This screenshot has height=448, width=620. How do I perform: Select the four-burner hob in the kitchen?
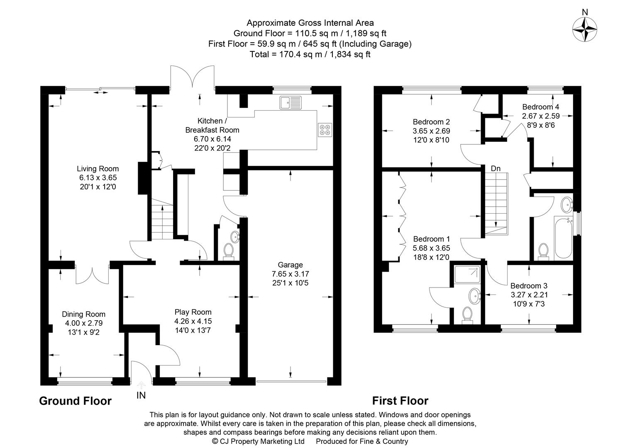tap(325, 130)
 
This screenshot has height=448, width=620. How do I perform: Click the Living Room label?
tap(98, 169)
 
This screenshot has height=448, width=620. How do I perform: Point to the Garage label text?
tap(290, 265)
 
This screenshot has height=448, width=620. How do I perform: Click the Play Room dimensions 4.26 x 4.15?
tap(193, 321)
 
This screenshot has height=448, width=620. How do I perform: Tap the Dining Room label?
tap(83, 314)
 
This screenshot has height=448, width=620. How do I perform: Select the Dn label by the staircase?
tap(496, 168)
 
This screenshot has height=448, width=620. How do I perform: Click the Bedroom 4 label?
tap(546, 107)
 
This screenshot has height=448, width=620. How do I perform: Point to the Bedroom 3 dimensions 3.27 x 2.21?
tap(529, 295)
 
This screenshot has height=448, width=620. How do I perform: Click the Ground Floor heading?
tap(75, 401)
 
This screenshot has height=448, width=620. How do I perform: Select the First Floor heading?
tap(400, 401)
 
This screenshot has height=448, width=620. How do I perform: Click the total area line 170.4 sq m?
tap(310, 54)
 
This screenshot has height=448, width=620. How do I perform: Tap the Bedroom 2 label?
tap(431, 122)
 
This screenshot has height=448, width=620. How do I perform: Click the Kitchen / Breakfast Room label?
tap(212, 125)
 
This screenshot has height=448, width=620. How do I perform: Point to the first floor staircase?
tap(496, 203)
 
